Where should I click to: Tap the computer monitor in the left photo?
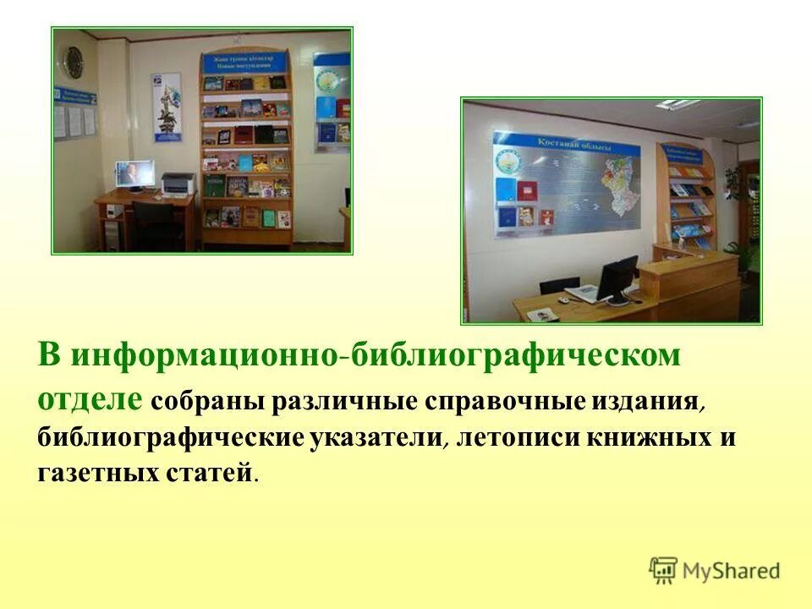(135, 174)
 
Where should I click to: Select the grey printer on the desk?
(178, 184)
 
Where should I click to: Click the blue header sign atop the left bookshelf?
(245, 63)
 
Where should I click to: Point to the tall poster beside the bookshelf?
(166, 107)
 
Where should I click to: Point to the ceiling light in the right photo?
(677, 105)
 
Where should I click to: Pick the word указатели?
(369, 437)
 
